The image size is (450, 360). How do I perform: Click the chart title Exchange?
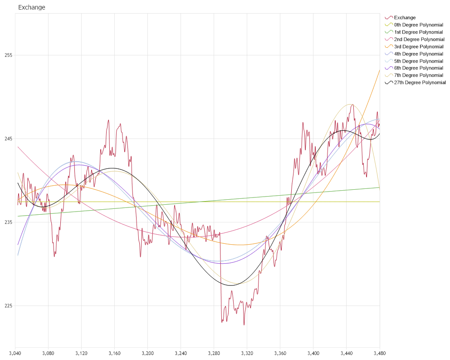click(x=31, y=8)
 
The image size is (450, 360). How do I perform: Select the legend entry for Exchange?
click(x=405, y=18)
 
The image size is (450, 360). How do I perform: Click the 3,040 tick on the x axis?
click(x=15, y=353)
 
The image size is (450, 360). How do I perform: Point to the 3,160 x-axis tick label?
click(x=115, y=353)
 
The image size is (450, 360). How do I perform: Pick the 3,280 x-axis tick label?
click(x=214, y=353)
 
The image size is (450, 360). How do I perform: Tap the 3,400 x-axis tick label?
click(x=313, y=353)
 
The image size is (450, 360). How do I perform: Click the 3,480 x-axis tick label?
click(x=379, y=353)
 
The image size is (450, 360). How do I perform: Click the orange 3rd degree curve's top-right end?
click(x=379, y=70)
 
